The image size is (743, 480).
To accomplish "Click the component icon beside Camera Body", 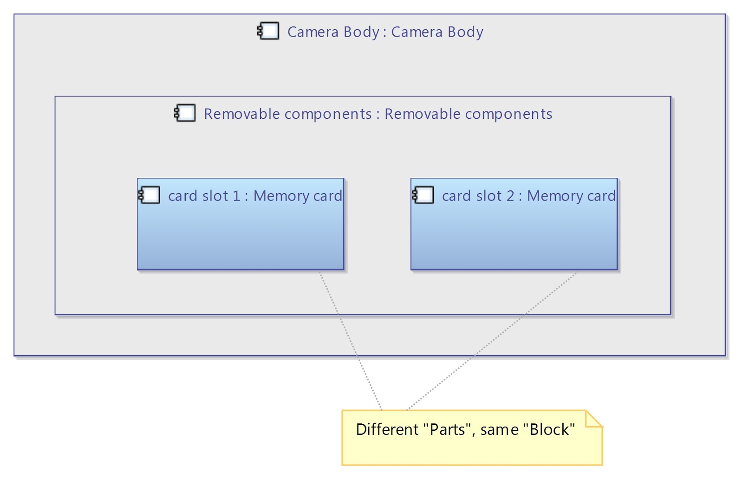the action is (x=268, y=31).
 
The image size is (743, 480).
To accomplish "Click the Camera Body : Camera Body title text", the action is (x=385, y=32).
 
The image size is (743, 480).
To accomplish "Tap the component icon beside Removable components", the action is (x=185, y=113).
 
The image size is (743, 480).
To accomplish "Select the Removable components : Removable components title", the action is (x=378, y=114).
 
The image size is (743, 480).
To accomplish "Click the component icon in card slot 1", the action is (x=149, y=195).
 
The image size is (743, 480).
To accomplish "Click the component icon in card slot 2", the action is (x=423, y=195).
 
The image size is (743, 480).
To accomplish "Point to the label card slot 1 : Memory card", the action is (x=255, y=196).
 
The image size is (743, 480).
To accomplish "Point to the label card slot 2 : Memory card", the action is (x=529, y=196).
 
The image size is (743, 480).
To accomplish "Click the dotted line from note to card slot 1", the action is (x=350, y=341).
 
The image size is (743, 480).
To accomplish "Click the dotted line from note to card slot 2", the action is (x=492, y=341).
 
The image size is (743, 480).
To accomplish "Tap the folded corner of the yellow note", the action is (x=594, y=419).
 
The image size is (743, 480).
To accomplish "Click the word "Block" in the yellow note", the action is (x=549, y=429).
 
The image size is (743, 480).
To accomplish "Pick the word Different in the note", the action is (x=387, y=429).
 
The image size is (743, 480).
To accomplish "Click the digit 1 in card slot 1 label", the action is (x=236, y=196).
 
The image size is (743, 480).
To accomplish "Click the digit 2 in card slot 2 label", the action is (x=510, y=196).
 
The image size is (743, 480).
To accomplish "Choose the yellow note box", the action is (x=472, y=438).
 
